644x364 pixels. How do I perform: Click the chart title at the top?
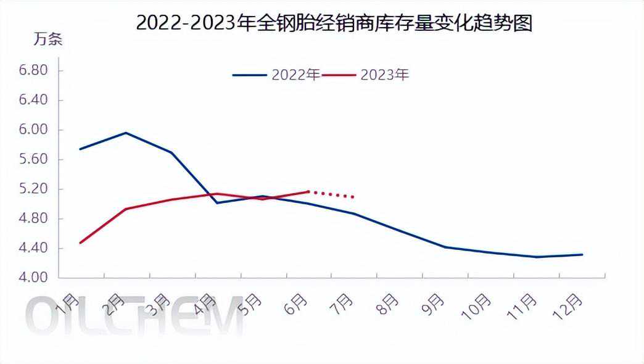pos(334,23)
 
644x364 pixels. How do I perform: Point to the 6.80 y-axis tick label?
pos(33,70)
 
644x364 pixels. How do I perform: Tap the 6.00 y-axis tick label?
pos(33,130)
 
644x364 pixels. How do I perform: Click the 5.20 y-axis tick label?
pos(33,189)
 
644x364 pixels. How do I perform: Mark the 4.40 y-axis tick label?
pos(33,249)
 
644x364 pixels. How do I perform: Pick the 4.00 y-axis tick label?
pos(33,278)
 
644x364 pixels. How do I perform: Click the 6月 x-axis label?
pos(297,303)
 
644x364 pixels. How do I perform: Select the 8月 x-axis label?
pos(389,303)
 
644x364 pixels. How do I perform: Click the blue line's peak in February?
pos(126,133)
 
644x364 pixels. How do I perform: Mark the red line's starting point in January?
pos(80,243)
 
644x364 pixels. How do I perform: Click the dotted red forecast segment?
pos(332,194)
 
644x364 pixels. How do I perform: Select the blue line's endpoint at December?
pos(582,254)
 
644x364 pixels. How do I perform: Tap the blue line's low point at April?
pos(217,202)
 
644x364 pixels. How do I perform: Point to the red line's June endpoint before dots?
pos(308,191)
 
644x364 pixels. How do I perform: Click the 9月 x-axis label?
pos(434,303)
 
